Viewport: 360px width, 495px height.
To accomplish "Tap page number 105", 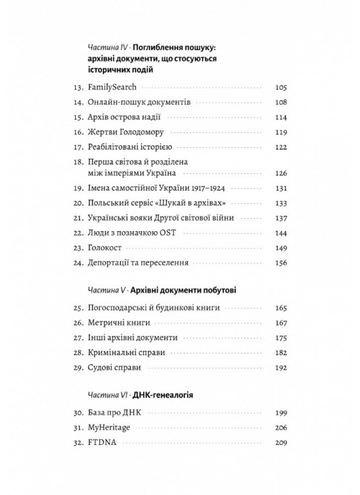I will (x=280, y=88).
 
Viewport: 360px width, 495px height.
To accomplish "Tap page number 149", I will (x=280, y=248).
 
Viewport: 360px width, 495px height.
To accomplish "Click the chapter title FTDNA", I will (x=101, y=443).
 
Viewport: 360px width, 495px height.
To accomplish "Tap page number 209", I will (x=280, y=443).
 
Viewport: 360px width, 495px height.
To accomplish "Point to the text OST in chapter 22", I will (x=165, y=234).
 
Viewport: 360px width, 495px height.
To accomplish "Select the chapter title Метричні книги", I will (x=117, y=324).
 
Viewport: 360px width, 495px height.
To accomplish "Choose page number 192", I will (x=280, y=368).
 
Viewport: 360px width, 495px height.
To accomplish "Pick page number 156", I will (x=280, y=263).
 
